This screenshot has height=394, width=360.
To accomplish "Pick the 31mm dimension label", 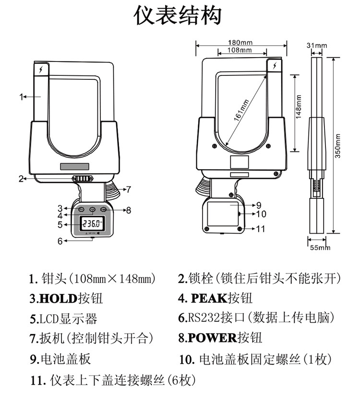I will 317,46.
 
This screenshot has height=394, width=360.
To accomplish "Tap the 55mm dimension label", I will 319,247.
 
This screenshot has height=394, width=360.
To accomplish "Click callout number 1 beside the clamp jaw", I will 21,97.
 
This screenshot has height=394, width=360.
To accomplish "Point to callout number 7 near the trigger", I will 128,189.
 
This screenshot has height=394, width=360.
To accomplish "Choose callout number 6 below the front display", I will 60,241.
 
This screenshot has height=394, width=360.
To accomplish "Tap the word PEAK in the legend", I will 209,298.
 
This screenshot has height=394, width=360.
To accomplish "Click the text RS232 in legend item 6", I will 201,318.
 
